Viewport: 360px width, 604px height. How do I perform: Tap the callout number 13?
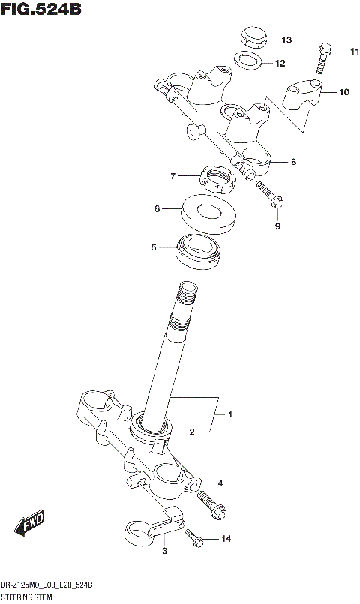pyautogui.click(x=286, y=39)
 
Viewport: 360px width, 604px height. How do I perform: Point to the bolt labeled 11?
pyautogui.click(x=323, y=58)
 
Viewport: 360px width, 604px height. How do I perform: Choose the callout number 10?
pyautogui.click(x=343, y=93)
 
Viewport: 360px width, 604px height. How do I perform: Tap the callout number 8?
pyautogui.click(x=293, y=161)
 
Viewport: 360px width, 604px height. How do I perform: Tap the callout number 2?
pyautogui.click(x=191, y=432)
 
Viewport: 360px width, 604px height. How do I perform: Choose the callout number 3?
pyautogui.click(x=163, y=552)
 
